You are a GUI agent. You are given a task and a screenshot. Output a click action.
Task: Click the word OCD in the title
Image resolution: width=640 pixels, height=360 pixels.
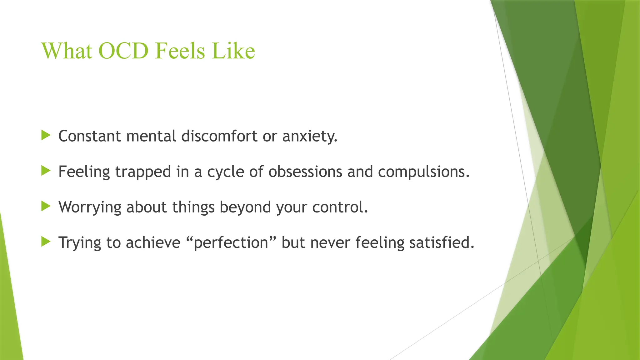pyautogui.click(x=123, y=51)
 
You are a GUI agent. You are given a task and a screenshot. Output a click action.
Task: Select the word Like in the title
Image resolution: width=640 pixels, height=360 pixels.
pyautogui.click(x=233, y=51)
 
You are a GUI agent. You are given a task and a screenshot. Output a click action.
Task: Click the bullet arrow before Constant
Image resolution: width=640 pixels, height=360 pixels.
pyautogui.click(x=46, y=135)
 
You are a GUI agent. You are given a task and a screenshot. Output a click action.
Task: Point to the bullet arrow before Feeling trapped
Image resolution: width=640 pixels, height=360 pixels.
pyautogui.click(x=46, y=171)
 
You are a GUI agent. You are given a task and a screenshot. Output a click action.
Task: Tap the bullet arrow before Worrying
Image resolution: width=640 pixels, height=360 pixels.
pyautogui.click(x=46, y=206)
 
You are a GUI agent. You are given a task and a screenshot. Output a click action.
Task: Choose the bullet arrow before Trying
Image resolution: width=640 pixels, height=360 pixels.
pyautogui.click(x=46, y=241)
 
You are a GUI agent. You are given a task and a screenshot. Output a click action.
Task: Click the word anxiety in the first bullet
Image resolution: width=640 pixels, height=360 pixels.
pyautogui.click(x=310, y=137)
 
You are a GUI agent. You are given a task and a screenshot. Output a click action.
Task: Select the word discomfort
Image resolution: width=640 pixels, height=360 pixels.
pyautogui.click(x=219, y=136)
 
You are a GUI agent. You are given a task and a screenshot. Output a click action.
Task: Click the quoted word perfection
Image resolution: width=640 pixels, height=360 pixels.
pyautogui.click(x=231, y=243)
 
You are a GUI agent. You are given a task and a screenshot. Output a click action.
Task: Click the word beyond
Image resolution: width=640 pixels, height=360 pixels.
pyautogui.click(x=245, y=207)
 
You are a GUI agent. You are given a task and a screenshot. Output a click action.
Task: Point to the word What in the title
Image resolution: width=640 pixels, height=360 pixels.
pyautogui.click(x=67, y=51)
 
